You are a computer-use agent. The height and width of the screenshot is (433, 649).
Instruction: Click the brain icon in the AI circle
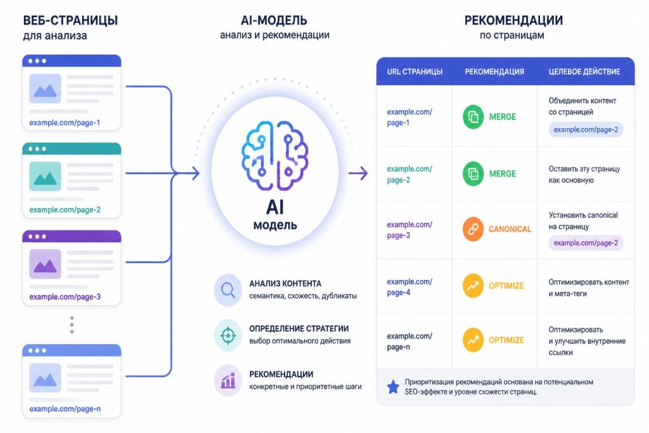[x=274, y=156]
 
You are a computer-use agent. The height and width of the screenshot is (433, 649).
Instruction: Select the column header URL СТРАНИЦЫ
[x=414, y=72]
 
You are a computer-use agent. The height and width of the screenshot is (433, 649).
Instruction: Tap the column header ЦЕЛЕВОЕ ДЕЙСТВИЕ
[x=584, y=72]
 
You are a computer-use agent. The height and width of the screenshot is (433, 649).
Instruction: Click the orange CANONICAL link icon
[x=473, y=229]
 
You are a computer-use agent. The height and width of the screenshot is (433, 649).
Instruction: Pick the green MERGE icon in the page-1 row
[x=473, y=117]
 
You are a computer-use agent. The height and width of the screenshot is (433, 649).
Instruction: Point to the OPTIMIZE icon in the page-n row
[x=473, y=340]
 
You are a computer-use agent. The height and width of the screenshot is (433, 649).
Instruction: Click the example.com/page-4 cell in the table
[x=409, y=287]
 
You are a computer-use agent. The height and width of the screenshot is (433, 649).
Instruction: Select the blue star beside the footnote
[x=393, y=387]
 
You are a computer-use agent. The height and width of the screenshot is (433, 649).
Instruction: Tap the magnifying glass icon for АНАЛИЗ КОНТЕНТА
[x=228, y=290]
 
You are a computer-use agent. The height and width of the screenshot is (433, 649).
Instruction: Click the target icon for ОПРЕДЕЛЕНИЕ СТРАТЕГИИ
[x=228, y=335]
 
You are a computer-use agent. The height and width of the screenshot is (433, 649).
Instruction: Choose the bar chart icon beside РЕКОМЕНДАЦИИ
[x=228, y=380]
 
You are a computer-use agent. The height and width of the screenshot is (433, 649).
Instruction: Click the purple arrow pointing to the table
[x=358, y=173]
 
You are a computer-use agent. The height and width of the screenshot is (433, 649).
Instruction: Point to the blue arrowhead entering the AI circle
[x=195, y=173]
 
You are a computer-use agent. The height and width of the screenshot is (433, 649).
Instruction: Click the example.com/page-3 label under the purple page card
[x=65, y=297]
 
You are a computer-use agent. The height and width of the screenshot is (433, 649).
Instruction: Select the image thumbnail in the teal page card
[x=45, y=176]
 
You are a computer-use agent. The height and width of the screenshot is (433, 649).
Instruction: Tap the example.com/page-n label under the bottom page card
[x=65, y=409]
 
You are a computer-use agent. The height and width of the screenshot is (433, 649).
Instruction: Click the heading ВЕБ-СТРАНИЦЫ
[x=70, y=20]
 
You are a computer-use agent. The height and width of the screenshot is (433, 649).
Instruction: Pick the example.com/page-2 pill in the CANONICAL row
[x=586, y=243]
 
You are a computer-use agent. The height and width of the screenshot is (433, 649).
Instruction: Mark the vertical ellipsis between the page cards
[x=72, y=325]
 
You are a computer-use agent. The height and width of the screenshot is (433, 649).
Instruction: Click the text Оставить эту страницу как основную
[x=584, y=174]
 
